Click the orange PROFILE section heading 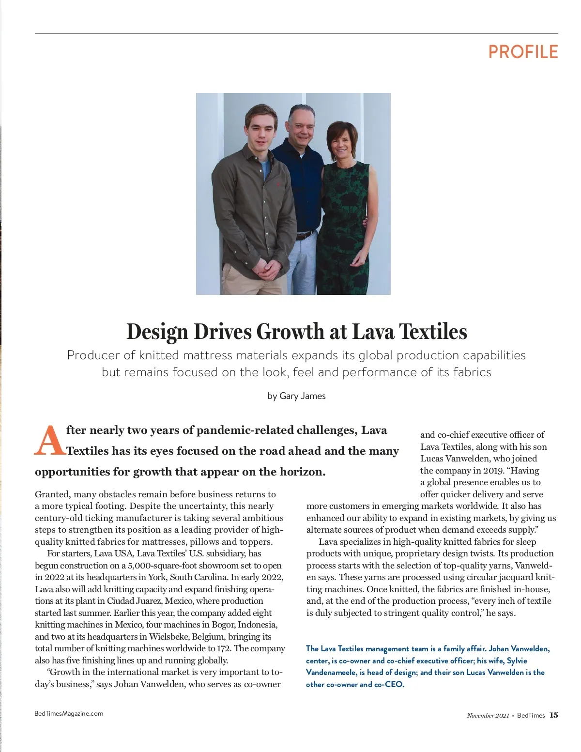tap(523, 52)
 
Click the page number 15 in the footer tap(553, 715)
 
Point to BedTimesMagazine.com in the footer tap(69, 713)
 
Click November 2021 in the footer tap(488, 716)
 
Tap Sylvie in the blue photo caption tap(517, 660)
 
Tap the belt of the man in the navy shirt tap(304, 236)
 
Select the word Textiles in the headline tap(433, 332)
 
